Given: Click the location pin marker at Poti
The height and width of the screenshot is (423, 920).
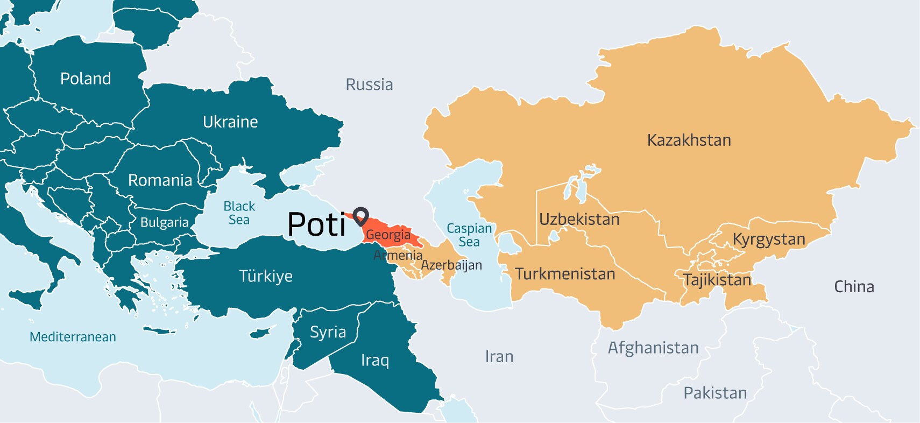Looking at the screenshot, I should click(360, 215).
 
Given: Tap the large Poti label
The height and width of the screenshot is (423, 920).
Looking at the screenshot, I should click(316, 224).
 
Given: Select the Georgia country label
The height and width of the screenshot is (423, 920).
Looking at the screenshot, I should click(388, 235).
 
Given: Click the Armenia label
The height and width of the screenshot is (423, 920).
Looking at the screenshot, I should click(398, 255).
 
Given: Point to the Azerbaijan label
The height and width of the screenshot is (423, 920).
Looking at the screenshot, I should click(451, 265).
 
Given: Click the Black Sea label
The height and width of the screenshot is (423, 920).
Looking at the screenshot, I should click(239, 213).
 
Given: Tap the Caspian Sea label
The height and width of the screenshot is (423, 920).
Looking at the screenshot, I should click(469, 235).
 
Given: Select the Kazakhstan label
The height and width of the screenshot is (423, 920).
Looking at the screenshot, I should click(689, 140).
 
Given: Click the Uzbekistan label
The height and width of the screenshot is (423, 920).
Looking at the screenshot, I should click(579, 220).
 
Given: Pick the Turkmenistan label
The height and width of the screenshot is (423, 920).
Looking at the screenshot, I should click(565, 274).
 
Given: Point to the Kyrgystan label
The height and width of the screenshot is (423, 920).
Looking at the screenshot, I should click(769, 239).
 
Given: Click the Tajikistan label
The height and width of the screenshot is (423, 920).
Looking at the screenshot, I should click(717, 280).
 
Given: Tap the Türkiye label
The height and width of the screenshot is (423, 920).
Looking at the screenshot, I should click(266, 276).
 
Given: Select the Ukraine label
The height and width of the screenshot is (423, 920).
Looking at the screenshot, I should click(230, 122).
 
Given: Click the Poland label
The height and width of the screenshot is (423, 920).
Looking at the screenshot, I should click(86, 79).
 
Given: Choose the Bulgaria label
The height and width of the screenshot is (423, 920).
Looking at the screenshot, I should click(164, 223).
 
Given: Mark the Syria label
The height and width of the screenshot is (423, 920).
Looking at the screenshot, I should click(328, 332).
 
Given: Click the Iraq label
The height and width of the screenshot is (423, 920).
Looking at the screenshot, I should click(374, 360).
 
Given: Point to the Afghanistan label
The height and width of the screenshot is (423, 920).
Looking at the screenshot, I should click(653, 348).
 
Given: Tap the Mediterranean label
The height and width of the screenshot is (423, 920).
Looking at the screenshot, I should click(73, 337).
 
